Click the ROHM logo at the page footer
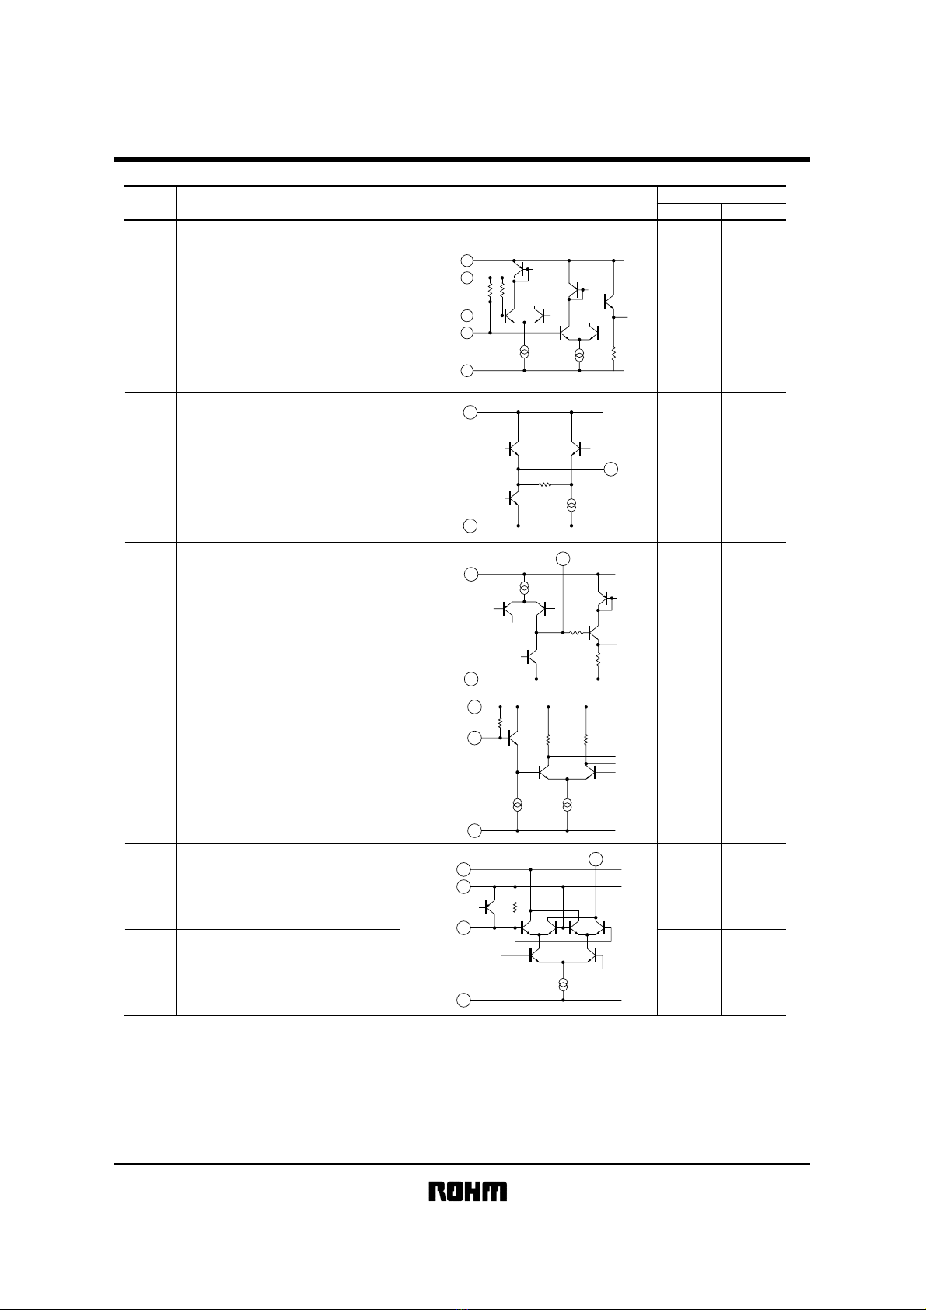click(468, 1191)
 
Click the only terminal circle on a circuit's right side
click(610, 469)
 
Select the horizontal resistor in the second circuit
click(545, 484)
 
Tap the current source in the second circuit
click(571, 505)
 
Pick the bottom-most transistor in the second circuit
click(513, 499)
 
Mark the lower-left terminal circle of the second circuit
click(470, 526)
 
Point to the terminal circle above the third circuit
click(563, 558)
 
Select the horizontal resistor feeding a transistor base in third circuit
click(578, 632)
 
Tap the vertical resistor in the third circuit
click(599, 660)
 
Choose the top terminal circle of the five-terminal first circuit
click(466, 260)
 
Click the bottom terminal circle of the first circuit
click(466, 370)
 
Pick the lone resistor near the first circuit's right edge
click(613, 353)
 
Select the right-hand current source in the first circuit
click(579, 355)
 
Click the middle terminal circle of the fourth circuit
click(474, 738)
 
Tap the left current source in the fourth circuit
click(518, 805)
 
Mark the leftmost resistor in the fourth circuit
click(500, 723)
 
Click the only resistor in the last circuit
click(515, 907)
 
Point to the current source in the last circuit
click(563, 984)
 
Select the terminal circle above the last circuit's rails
click(596, 859)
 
